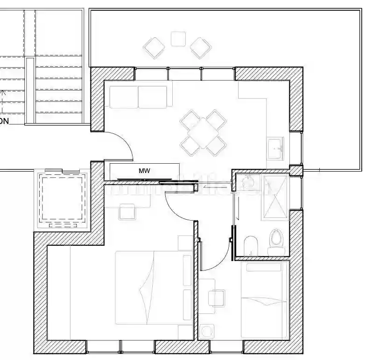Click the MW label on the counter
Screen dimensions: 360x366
pos(145,171)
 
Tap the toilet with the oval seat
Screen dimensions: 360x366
pos(276,240)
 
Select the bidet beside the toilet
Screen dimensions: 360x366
pos(251,245)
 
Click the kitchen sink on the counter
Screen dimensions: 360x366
pos(275,148)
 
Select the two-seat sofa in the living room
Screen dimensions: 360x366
pos(138,97)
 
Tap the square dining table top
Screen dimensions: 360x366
pos(204,132)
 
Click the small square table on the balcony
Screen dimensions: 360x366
pos(178,39)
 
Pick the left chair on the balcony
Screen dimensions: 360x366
pos(154,48)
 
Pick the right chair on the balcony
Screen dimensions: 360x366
pos(201,48)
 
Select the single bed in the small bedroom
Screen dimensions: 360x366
pos(264,299)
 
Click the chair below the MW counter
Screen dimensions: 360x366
pos(127,212)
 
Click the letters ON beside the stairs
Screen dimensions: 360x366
pos(4,121)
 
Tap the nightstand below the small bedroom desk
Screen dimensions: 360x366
pos(207,331)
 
